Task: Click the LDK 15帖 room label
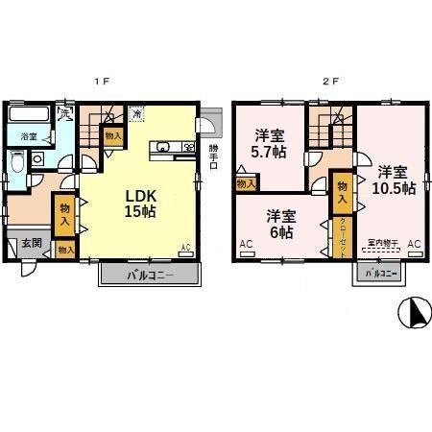tap(139, 203)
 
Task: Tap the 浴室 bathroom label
tap(29, 137)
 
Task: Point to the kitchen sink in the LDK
tap(162, 147)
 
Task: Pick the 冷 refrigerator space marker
tap(138, 114)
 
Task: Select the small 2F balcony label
tap(381, 275)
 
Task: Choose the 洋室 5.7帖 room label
tap(269, 143)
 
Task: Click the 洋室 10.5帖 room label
tap(395, 180)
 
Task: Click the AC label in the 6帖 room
tap(246, 246)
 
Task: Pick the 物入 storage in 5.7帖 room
tap(245, 182)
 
